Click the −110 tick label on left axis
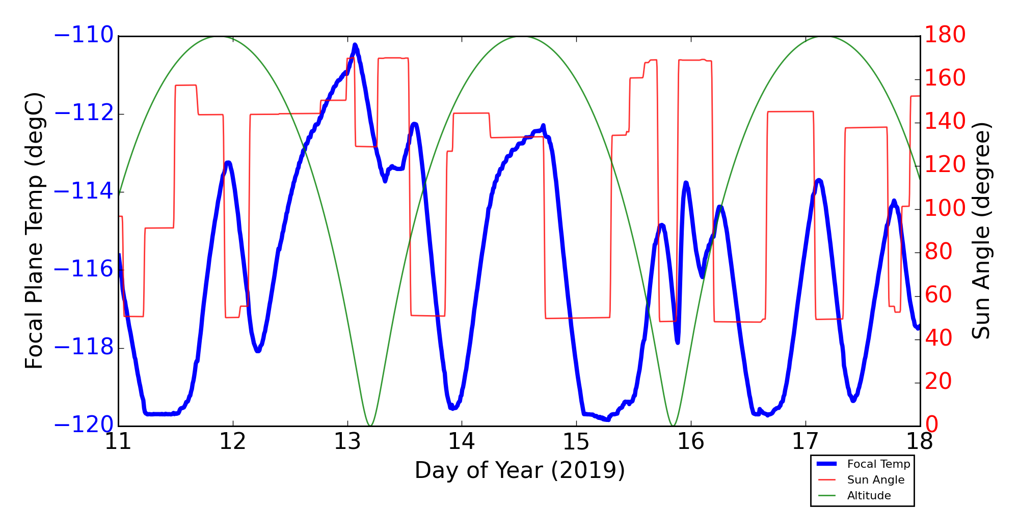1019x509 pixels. [84, 36]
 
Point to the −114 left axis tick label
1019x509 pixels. [84, 191]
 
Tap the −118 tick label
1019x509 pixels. [84, 348]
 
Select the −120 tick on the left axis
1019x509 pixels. [84, 425]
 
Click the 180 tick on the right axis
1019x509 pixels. [945, 35]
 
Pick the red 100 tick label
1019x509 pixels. [945, 208]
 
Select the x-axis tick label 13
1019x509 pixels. [347, 442]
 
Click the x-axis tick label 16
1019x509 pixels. [691, 442]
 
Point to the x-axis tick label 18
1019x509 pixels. [920, 442]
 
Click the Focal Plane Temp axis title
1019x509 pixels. [34, 231]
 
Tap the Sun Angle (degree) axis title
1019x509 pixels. [981, 231]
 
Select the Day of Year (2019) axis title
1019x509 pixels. [519, 470]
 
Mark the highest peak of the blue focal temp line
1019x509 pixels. [355, 45]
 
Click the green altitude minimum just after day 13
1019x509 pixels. [370, 425]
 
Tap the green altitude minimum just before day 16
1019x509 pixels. [673, 425]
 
